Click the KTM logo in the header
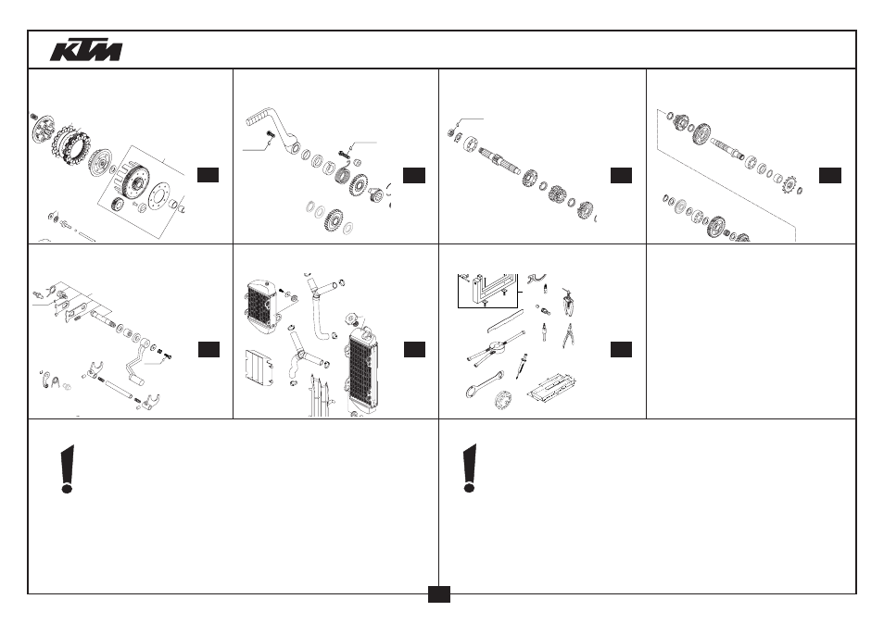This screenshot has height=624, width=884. pos(85,50)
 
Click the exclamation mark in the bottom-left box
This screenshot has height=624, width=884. pos(68,468)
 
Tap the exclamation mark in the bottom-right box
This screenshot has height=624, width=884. pos(470,468)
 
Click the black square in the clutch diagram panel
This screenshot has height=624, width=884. pos(208,175)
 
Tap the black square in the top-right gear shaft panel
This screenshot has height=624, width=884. pos(830,175)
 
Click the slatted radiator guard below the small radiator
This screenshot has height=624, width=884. pos(259,368)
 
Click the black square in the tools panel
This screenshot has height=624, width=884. pos(621,349)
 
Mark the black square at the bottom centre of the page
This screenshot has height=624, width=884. pos(438,594)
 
